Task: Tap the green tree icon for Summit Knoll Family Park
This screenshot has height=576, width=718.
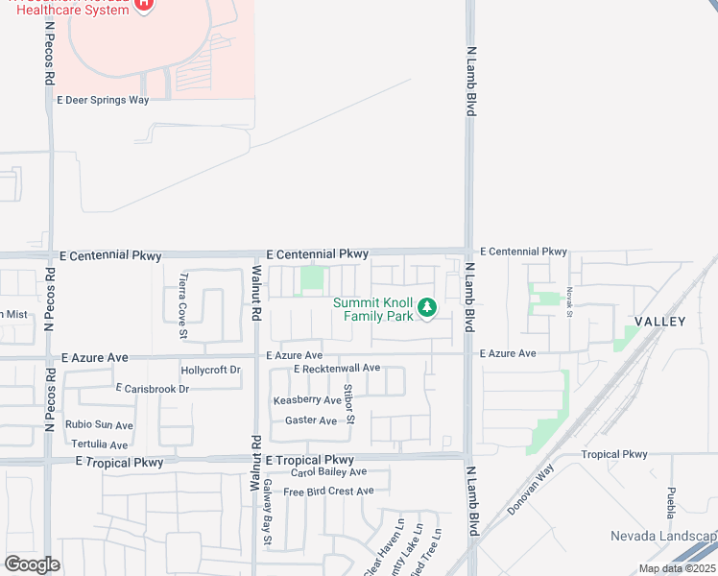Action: [x=428, y=308]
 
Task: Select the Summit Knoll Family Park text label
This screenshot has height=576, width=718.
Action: [x=373, y=309]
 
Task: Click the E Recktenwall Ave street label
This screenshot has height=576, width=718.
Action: [x=337, y=369]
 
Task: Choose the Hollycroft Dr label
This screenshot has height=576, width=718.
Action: [x=210, y=370]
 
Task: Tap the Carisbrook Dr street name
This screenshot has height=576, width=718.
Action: [x=153, y=389]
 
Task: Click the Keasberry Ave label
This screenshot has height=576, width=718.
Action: [x=307, y=400]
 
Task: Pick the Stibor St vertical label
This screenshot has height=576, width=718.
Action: [x=351, y=403]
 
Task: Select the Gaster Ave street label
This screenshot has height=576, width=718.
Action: [x=311, y=420]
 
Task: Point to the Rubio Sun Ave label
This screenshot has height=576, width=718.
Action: [x=99, y=425]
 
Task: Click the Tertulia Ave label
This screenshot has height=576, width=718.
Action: [x=99, y=444]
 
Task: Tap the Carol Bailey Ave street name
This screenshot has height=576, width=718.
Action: [x=328, y=472]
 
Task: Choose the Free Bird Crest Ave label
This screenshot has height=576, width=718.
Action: [x=328, y=492]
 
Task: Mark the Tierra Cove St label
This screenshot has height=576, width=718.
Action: [x=182, y=306]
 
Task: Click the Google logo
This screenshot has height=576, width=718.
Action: [x=32, y=564]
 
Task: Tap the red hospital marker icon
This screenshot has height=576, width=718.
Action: [x=143, y=5]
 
